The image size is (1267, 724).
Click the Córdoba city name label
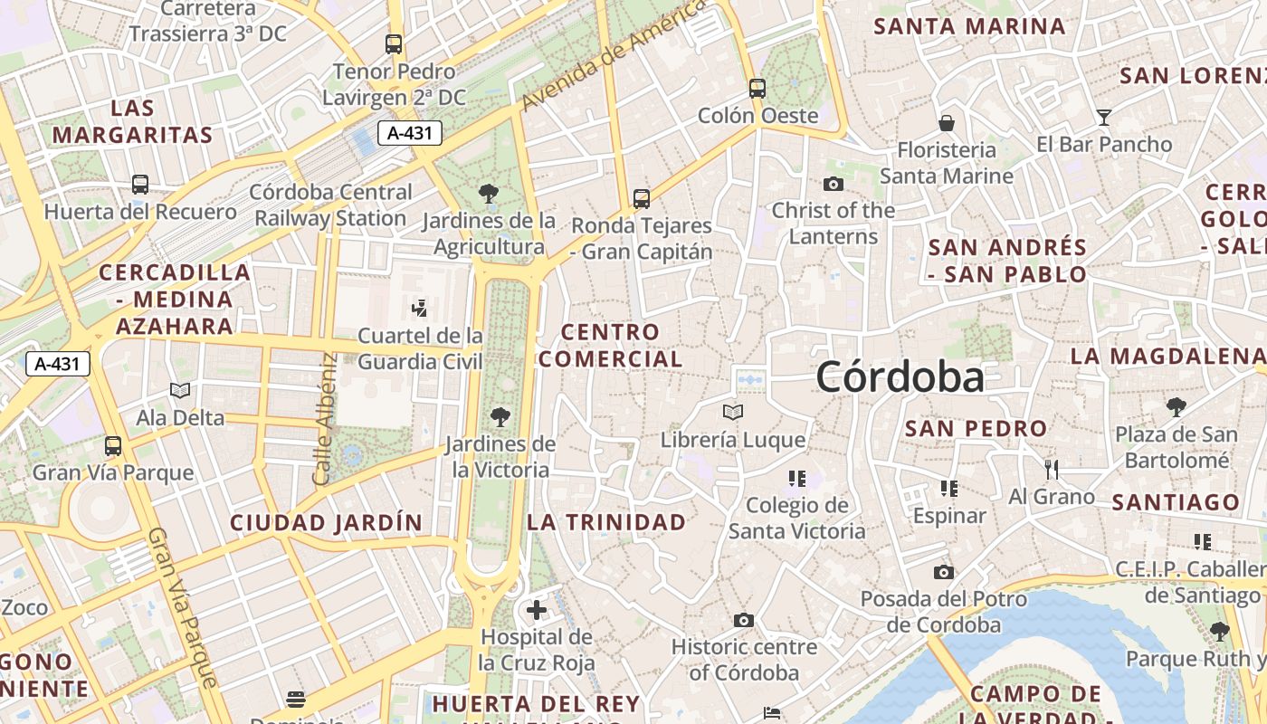(900, 376)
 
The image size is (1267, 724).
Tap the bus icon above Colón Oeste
(757, 89)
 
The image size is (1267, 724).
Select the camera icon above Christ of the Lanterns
(834, 184)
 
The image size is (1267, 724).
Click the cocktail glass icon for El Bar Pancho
(1103, 117)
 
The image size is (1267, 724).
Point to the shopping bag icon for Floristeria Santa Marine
(947, 122)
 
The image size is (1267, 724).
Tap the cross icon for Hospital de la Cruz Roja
(537, 610)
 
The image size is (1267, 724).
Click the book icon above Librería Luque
(733, 413)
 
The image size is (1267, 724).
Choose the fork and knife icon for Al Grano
(1051, 469)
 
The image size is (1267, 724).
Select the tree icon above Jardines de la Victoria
(500, 417)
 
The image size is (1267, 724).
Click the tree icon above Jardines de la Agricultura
(489, 193)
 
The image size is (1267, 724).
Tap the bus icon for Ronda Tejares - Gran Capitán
(642, 198)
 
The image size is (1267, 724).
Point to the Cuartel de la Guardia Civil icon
(419, 309)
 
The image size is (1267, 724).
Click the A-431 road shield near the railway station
(410, 133)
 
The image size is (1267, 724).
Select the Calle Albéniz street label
(325, 418)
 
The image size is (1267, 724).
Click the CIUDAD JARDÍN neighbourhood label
(326, 522)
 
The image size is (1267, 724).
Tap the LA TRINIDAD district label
(606, 522)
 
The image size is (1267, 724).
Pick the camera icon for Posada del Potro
(943, 572)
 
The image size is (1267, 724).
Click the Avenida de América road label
(614, 54)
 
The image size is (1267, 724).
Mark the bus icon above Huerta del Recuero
(140, 185)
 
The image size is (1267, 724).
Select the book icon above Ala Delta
(180, 390)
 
